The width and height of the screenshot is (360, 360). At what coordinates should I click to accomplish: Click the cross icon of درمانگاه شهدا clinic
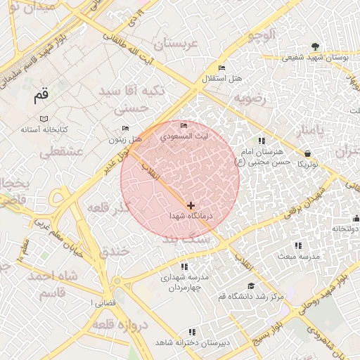(x=191, y=205)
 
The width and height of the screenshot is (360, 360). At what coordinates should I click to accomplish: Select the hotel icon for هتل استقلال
(x=222, y=67)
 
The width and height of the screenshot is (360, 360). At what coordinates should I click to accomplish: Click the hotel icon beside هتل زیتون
(x=126, y=128)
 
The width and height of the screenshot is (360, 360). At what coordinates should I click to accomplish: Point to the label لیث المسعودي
(x=184, y=136)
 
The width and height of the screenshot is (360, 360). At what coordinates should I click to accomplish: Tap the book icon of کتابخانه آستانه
(x=44, y=119)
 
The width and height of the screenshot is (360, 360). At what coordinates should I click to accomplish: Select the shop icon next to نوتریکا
(x=308, y=153)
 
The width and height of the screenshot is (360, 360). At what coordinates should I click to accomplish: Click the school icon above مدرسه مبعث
(x=298, y=245)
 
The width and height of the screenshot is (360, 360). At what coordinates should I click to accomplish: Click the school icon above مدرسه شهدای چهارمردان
(x=184, y=266)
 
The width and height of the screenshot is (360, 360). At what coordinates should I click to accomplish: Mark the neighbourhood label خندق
(x=113, y=251)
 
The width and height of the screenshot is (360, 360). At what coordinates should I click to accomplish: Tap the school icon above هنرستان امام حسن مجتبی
(x=262, y=141)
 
